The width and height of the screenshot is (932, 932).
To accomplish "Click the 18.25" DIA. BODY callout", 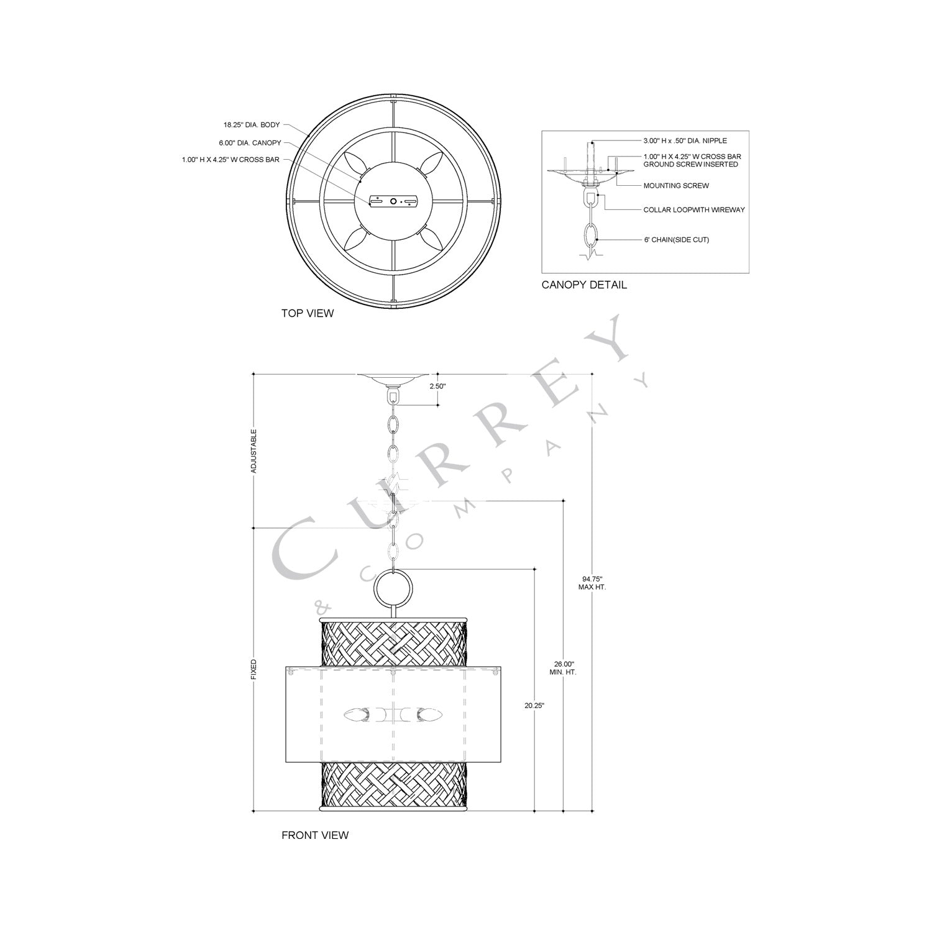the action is click(x=247, y=125).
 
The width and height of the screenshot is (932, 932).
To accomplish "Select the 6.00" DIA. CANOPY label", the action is click(x=250, y=143).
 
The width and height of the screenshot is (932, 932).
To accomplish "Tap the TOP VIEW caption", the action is click(x=307, y=313).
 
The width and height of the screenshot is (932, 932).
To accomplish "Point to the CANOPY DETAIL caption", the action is click(x=584, y=285).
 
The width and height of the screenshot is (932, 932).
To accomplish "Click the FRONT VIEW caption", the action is click(x=315, y=835).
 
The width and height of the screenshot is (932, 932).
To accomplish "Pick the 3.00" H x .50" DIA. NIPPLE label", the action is click(x=685, y=141).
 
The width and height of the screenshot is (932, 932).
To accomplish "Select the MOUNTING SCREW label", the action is click(x=676, y=186).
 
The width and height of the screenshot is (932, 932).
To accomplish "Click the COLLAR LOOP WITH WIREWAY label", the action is click(x=694, y=210).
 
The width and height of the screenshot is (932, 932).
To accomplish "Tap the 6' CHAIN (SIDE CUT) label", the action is click(x=676, y=240).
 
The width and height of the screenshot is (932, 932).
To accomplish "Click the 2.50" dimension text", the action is click(x=437, y=386).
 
